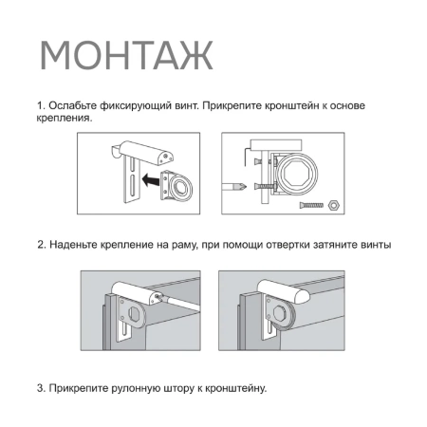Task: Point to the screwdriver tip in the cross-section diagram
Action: pos(249,186)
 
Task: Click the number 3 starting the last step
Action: pos(40,387)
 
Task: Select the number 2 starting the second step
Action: pos(40,245)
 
